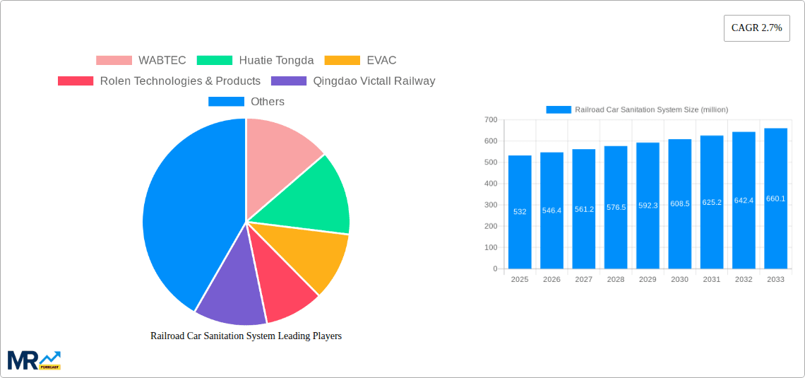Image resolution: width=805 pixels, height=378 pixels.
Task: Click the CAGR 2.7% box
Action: click(x=756, y=28)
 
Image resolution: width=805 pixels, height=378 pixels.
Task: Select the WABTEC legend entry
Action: click(x=141, y=61)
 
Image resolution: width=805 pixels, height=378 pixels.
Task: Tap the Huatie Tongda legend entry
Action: click(x=255, y=61)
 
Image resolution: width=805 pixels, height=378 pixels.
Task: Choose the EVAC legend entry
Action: click(x=360, y=61)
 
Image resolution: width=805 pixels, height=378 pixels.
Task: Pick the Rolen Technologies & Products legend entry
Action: click(x=159, y=81)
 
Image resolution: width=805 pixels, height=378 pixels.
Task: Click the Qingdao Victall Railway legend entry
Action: click(x=353, y=81)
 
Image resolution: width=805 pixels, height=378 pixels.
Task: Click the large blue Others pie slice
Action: click(x=184, y=212)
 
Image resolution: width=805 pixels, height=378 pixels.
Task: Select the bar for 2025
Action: click(x=520, y=212)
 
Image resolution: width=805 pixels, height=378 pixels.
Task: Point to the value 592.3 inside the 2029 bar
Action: click(x=648, y=206)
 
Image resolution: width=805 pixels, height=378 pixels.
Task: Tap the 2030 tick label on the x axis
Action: click(x=679, y=280)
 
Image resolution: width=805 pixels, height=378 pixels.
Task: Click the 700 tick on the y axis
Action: click(x=490, y=119)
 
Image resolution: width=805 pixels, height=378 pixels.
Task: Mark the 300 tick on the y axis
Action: click(x=490, y=205)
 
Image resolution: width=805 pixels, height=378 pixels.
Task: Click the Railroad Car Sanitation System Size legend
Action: click(x=637, y=110)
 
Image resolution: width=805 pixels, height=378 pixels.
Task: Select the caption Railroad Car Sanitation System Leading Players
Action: click(x=246, y=336)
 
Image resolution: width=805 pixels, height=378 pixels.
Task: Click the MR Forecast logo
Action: click(x=34, y=360)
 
